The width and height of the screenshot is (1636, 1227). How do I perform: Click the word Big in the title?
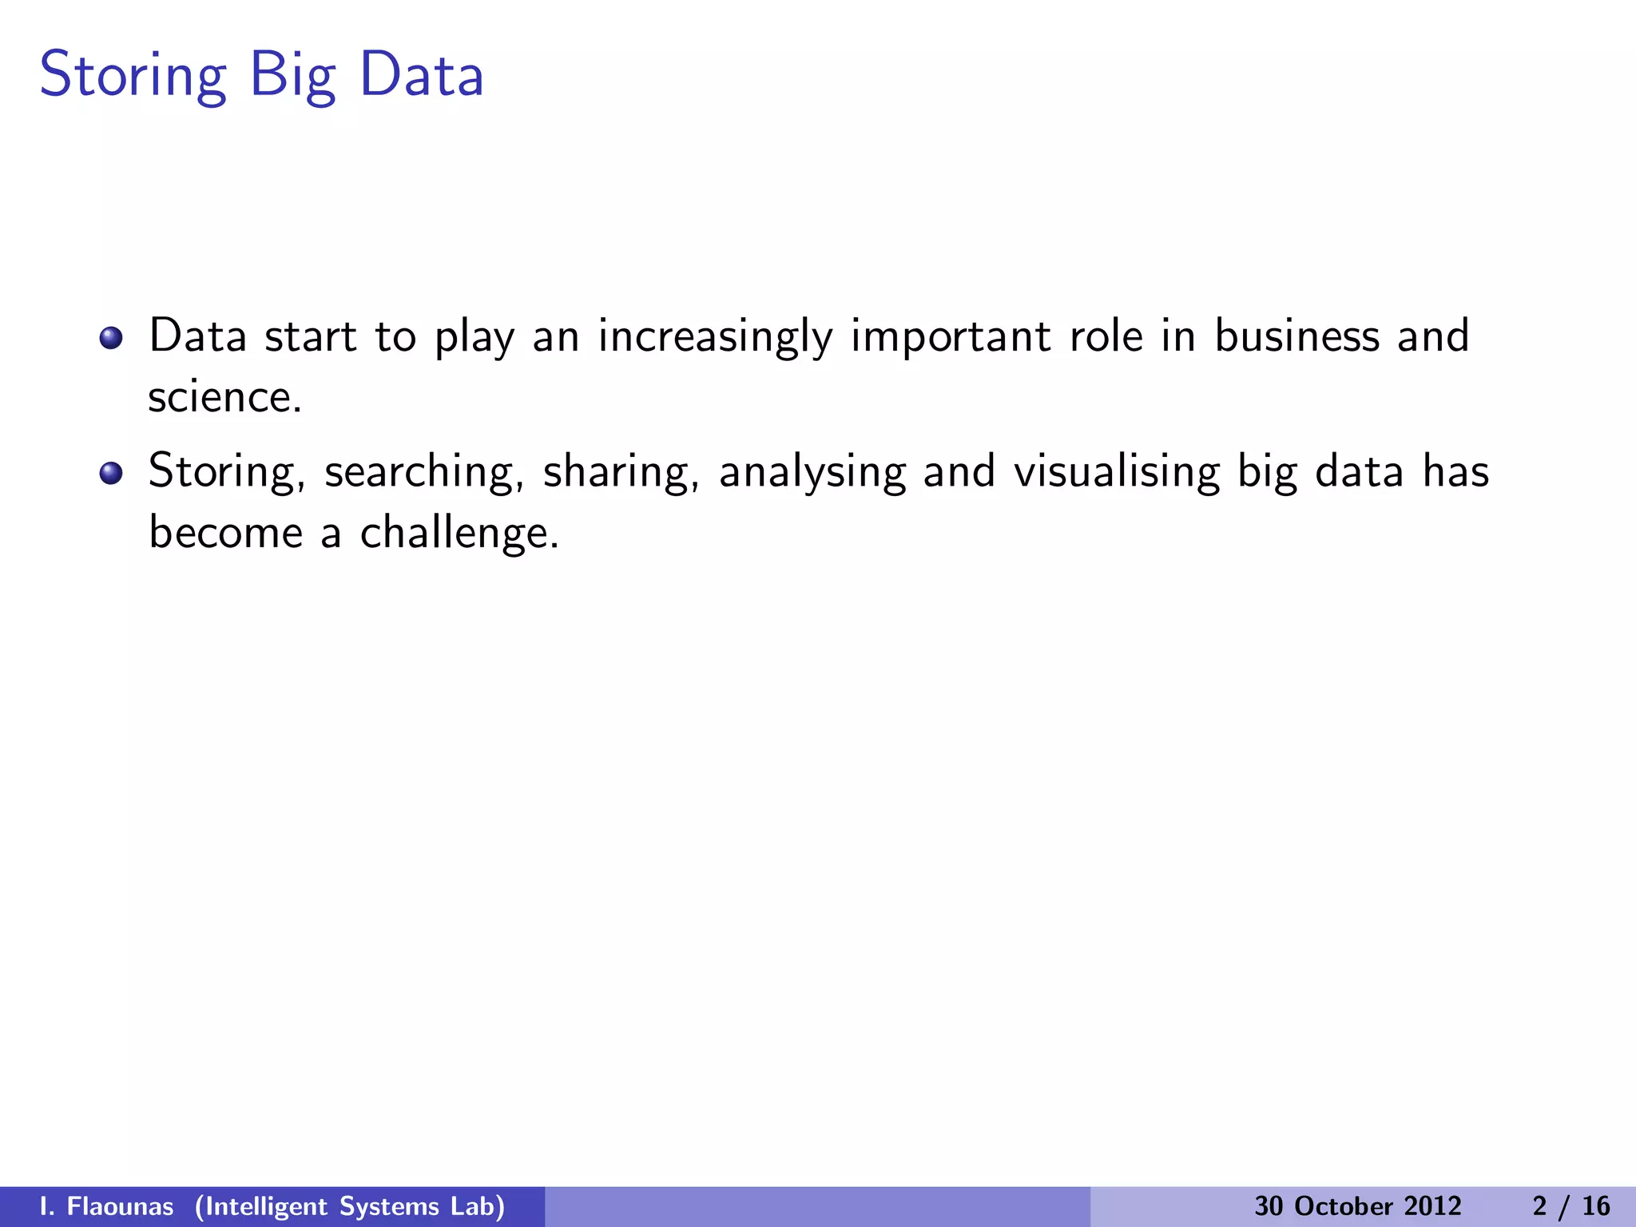(292, 76)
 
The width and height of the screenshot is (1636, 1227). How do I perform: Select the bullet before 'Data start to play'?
(111, 338)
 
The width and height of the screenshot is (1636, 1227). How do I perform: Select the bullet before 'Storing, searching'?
(111, 473)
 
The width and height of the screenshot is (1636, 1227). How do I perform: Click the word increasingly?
(715, 337)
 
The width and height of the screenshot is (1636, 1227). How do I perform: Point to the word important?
(950, 337)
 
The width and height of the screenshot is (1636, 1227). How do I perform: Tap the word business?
(1296, 336)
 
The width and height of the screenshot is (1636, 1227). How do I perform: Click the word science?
(224, 397)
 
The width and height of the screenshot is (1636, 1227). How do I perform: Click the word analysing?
(812, 472)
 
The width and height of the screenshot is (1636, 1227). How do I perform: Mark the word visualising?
(1117, 471)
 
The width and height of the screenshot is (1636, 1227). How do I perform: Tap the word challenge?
(459, 533)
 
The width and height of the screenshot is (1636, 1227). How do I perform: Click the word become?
(226, 532)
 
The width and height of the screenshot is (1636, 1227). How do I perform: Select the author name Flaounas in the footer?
(120, 1206)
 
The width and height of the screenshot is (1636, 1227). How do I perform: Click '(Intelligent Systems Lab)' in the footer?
(350, 1206)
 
